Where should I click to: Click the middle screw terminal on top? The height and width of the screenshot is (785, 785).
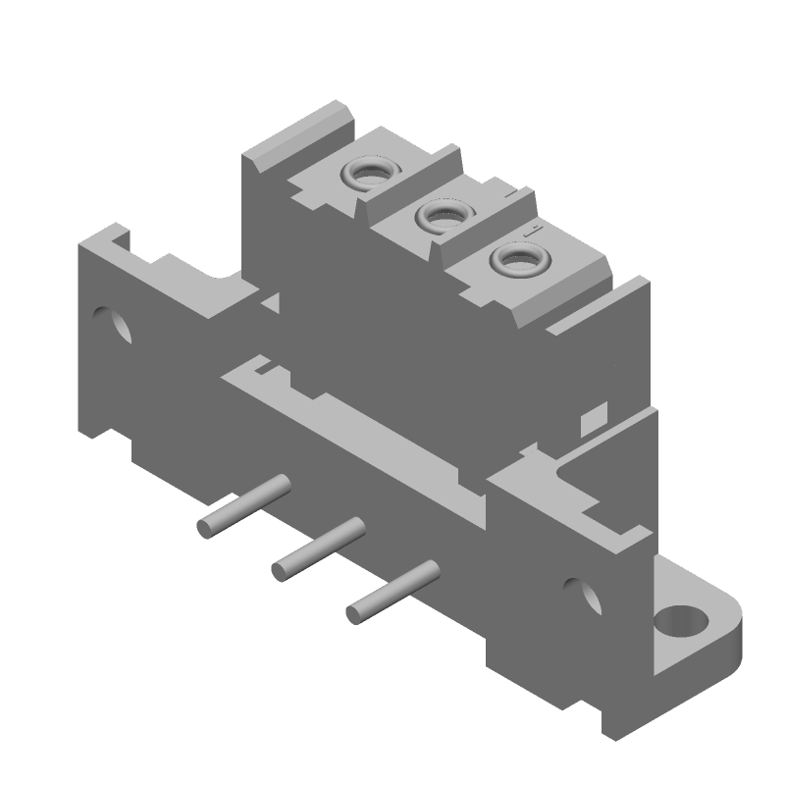(x=439, y=216)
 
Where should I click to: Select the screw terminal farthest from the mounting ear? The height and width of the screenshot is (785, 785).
(x=366, y=175)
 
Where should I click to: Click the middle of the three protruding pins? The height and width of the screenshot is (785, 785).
(x=319, y=549)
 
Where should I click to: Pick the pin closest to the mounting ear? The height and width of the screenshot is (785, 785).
(x=392, y=592)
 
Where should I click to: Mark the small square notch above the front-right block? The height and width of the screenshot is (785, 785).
(x=591, y=422)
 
